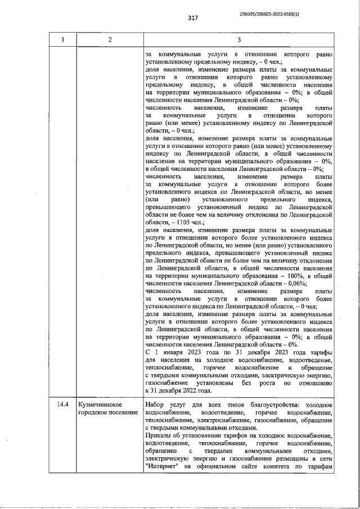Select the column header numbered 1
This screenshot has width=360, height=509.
(x=62, y=39)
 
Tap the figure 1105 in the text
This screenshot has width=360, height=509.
(x=182, y=222)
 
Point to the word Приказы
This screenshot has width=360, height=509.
(x=159, y=435)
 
